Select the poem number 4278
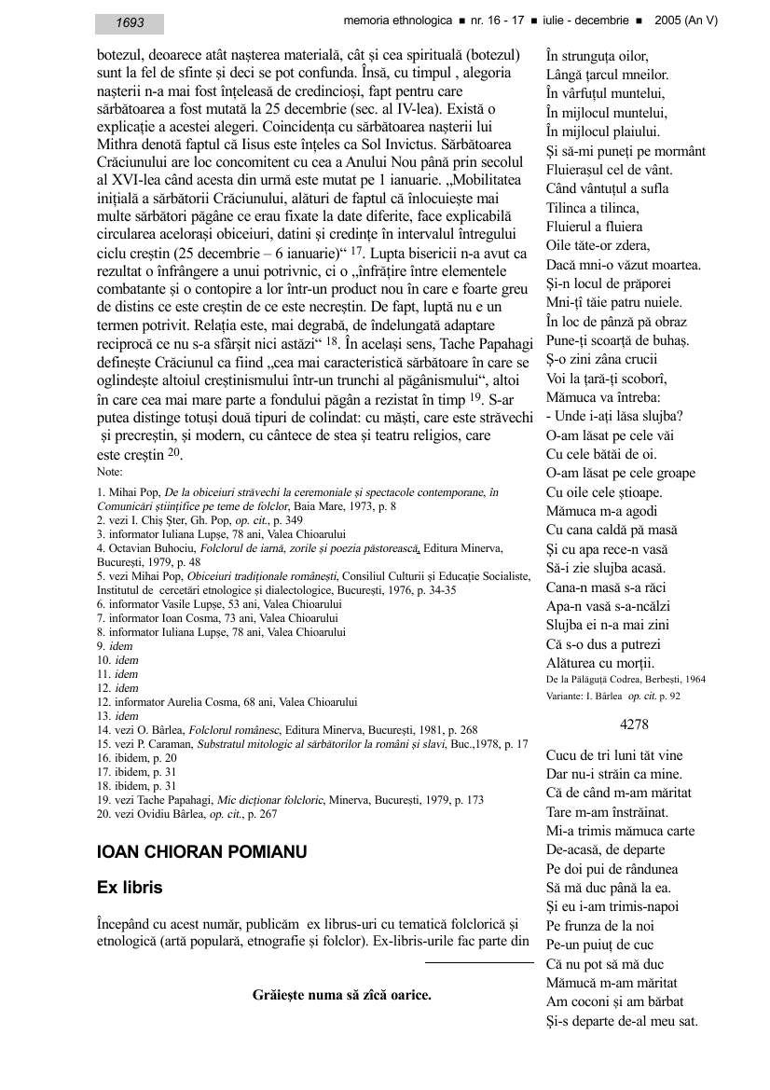[x=634, y=724]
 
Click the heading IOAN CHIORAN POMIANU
[x=202, y=852]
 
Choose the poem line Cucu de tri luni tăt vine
[x=614, y=755]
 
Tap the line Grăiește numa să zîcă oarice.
[x=342, y=995]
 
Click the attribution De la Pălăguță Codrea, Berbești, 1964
[x=626, y=679]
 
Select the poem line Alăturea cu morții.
[x=602, y=661]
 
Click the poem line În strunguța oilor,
[x=598, y=55]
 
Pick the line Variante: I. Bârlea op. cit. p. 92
[x=613, y=696]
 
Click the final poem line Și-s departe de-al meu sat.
[x=622, y=1021]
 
